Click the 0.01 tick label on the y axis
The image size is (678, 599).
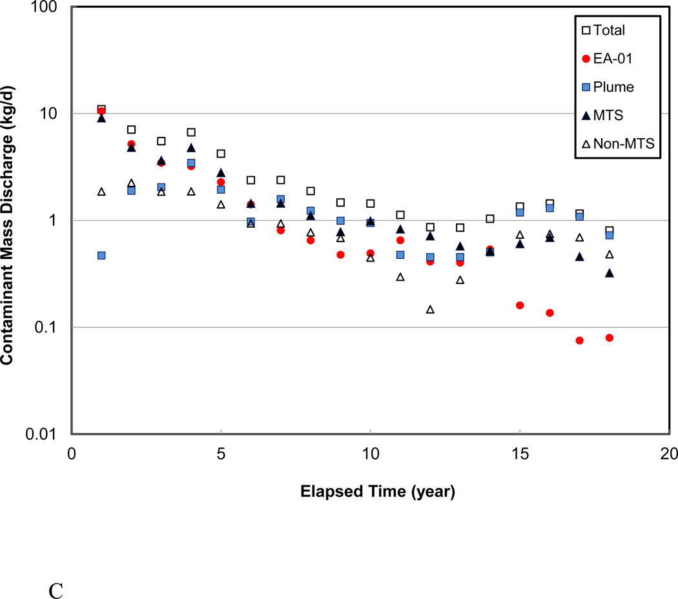pos(44,434)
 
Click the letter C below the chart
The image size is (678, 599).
pos(56,573)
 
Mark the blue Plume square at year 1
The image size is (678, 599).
pos(101,256)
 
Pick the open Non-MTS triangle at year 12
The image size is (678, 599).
pos(430,309)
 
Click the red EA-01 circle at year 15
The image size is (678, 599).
pos(520,305)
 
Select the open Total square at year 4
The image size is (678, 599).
pos(191,132)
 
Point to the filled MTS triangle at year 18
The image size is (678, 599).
pos(610,273)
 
